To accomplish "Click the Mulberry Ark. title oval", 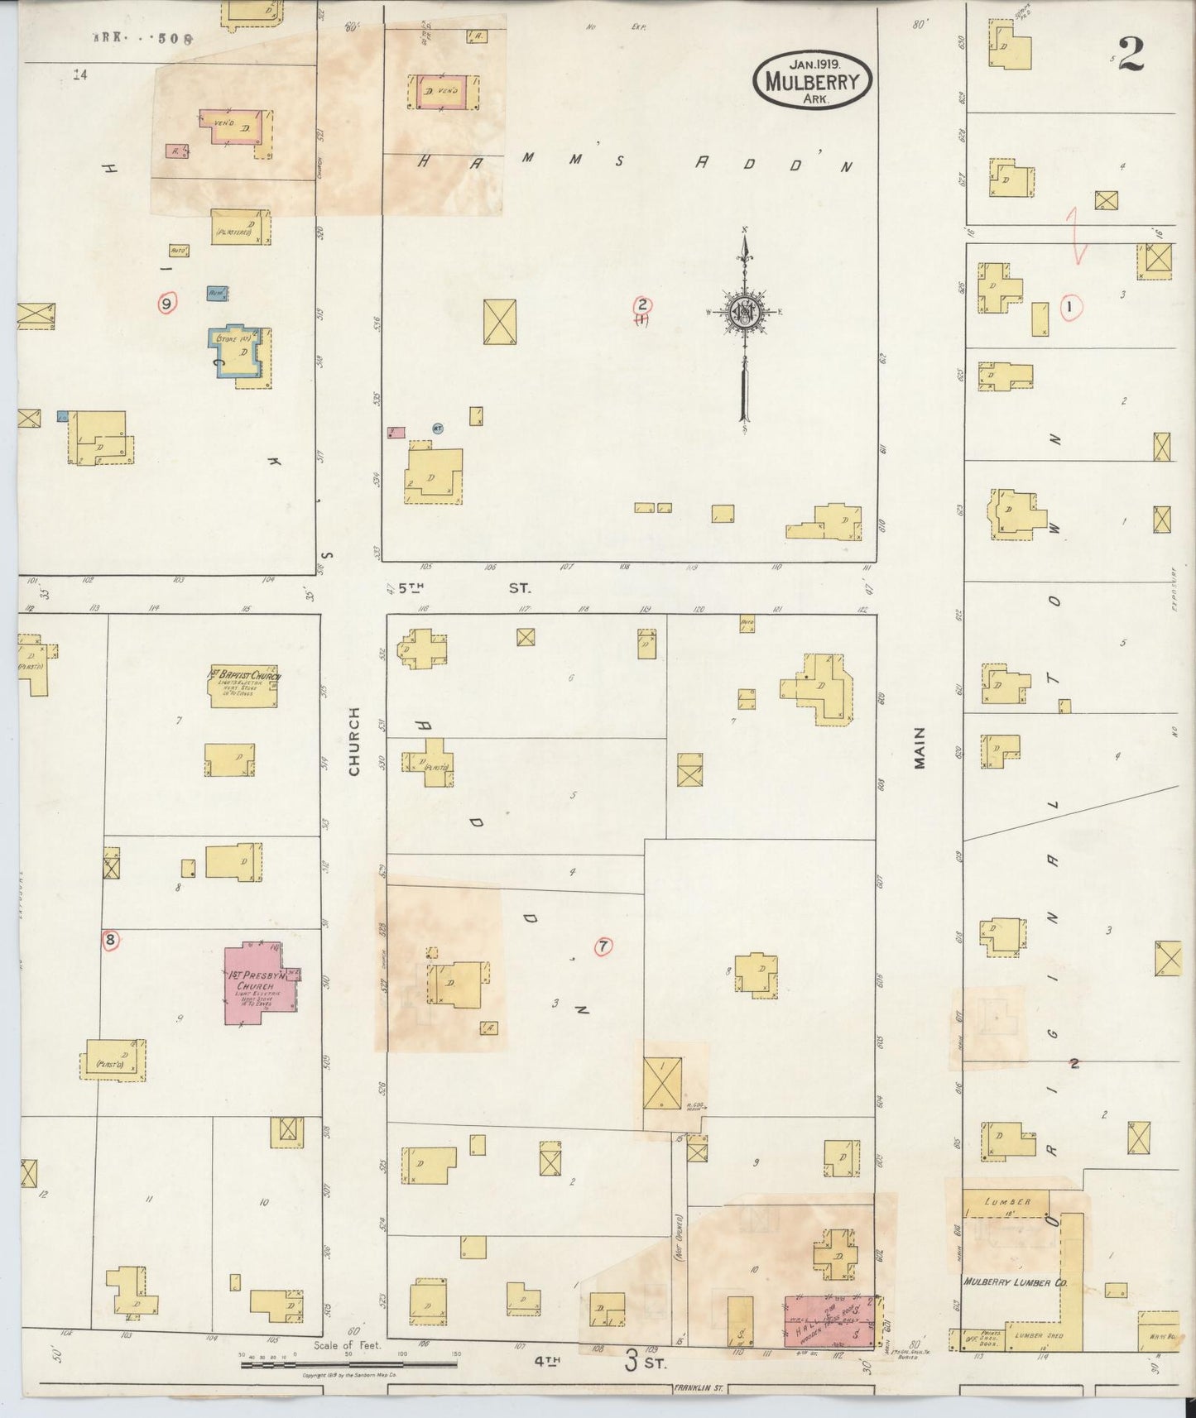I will pos(812,81).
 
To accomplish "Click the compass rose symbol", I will pos(743,312).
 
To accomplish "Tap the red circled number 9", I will pos(167,304).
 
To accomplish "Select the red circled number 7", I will pos(603,946).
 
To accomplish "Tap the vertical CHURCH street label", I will pos(355,741).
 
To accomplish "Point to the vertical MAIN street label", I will pos(920,749).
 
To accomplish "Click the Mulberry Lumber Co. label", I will pos(1006,1282).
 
